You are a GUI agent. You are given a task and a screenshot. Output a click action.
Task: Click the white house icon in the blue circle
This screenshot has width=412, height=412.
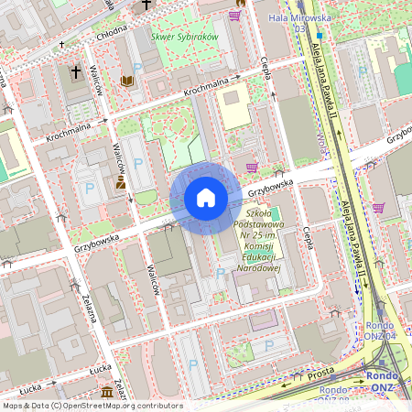[x=206, y=198]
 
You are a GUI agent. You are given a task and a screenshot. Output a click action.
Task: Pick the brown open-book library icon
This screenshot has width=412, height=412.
[x=126, y=81]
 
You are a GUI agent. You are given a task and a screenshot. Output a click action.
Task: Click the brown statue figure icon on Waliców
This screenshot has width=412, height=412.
[x=121, y=184]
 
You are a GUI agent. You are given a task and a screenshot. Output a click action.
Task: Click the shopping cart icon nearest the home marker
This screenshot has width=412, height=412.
[x=252, y=166]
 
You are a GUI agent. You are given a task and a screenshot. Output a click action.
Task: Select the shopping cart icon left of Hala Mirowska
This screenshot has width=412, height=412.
[x=235, y=15]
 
